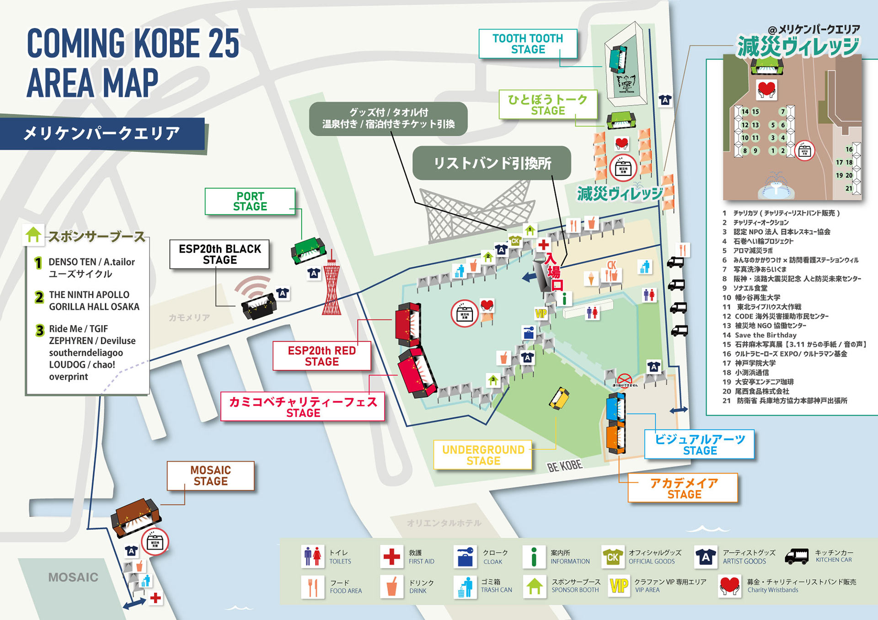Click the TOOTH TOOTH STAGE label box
(x=528, y=44)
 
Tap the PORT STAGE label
(x=250, y=201)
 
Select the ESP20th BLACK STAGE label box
(x=219, y=254)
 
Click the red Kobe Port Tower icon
(x=332, y=286)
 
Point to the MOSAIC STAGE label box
(x=210, y=476)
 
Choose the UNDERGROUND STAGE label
(x=483, y=455)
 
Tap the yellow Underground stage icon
(x=559, y=398)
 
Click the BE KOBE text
(x=564, y=466)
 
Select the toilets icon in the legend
(x=313, y=556)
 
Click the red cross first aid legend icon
(x=391, y=556)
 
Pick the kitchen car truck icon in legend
(x=797, y=556)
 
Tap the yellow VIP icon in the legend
(x=619, y=586)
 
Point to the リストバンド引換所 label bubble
(x=492, y=163)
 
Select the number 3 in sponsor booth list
(x=40, y=330)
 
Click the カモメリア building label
(x=189, y=317)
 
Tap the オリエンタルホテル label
(x=444, y=523)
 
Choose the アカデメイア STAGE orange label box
(x=683, y=488)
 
